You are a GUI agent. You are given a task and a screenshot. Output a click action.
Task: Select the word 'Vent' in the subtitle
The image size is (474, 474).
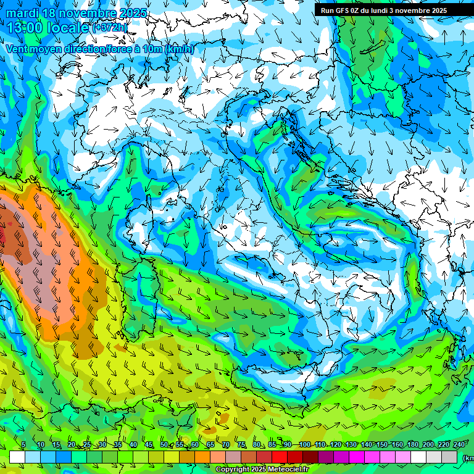[x=18, y=49]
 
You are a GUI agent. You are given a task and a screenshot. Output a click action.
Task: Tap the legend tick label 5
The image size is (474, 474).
[x=23, y=444]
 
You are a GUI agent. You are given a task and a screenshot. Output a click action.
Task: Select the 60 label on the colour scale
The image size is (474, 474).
[x=194, y=444]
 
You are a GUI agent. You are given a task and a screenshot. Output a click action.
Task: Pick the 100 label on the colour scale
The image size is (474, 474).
[x=304, y=444]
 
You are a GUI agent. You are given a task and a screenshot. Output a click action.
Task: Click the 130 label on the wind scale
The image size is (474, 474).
[x=351, y=444]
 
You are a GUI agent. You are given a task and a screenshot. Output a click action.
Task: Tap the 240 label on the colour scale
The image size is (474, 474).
[x=459, y=444]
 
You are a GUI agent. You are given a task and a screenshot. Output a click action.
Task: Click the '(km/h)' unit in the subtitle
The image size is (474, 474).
[x=179, y=49]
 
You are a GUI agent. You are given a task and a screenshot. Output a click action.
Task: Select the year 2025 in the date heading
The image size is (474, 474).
[x=133, y=13]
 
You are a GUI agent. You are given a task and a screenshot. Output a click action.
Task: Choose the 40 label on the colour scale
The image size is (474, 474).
[x=133, y=444]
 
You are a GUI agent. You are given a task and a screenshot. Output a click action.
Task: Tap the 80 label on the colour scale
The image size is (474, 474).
[x=256, y=444]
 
